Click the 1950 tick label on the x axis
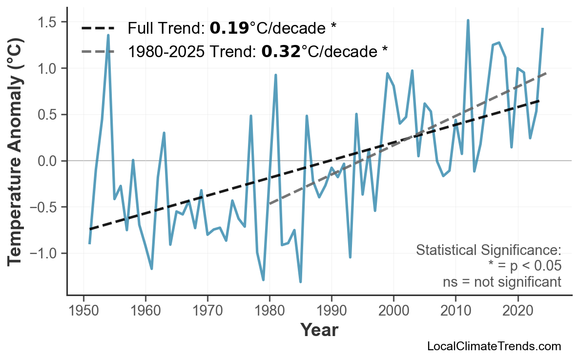click(83, 311)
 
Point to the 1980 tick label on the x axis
click(269, 311)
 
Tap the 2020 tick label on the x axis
click(517, 311)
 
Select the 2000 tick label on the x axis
click(393, 311)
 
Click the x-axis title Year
click(319, 330)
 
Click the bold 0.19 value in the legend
click(229, 29)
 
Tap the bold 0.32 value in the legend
click(281, 51)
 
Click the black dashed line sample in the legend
click(98, 29)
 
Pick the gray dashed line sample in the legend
click(98, 51)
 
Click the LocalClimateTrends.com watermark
click(494, 346)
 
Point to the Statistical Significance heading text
click(488, 251)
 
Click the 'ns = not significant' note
click(502, 282)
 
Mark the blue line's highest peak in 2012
click(468, 21)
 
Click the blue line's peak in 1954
click(108, 35)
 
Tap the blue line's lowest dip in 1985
click(300, 282)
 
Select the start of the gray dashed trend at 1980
click(269, 204)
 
